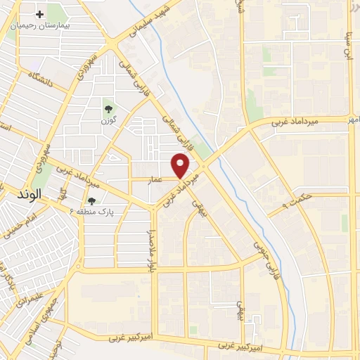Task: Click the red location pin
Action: tap(181, 165)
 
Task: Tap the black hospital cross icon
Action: tap(40, 14)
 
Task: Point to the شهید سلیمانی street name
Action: tap(152, 22)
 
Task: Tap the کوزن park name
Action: tap(109, 120)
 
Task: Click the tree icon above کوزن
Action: tap(109, 108)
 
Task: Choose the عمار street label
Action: tap(155, 179)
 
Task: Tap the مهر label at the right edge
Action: tap(354, 120)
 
